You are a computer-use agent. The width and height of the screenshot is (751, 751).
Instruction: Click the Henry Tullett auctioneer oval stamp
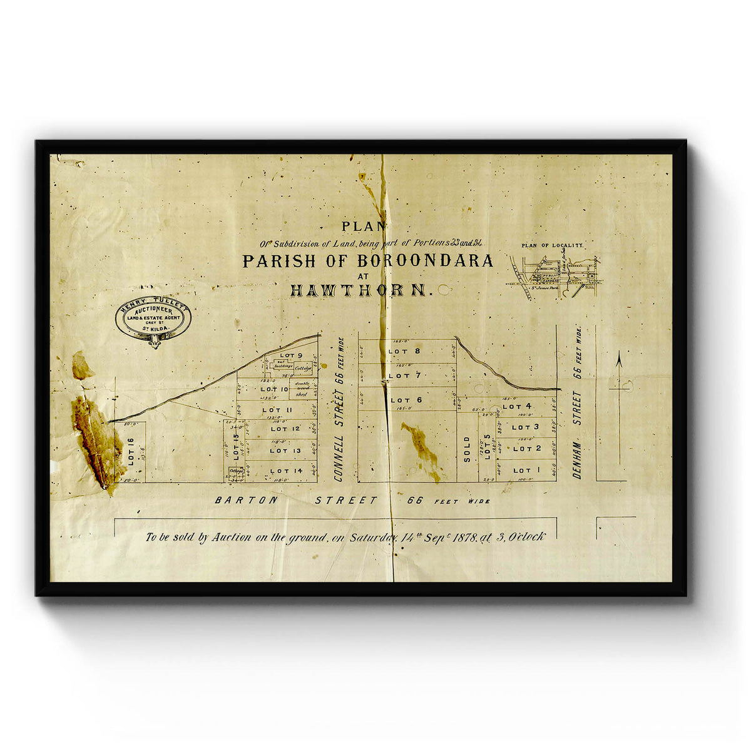pos(153,319)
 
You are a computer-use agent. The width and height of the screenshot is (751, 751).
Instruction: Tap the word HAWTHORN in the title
pos(360,290)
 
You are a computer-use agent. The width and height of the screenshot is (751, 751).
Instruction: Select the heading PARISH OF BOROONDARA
pos(367,261)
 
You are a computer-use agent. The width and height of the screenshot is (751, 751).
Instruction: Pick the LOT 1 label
pos(521,470)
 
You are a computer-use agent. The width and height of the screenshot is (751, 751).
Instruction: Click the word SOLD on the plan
pos(467,449)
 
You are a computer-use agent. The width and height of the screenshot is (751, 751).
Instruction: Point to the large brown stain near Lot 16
pos(97,438)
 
